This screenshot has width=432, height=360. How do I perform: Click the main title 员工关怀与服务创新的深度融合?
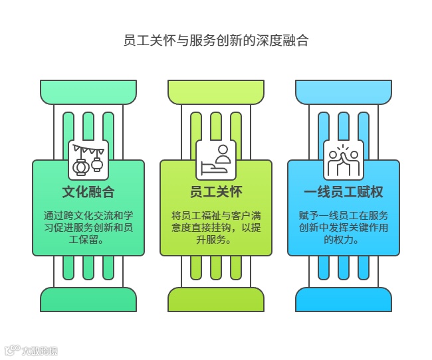click(216, 41)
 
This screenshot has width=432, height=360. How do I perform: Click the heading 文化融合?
click(88, 193)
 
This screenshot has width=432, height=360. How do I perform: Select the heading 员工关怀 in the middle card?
click(216, 193)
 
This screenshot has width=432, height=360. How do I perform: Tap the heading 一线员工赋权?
click(344, 193)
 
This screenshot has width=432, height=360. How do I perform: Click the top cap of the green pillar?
click(88, 91)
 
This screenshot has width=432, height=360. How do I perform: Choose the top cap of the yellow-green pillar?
click(216, 91)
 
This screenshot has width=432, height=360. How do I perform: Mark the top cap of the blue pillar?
click(344, 91)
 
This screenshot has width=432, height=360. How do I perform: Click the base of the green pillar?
click(88, 300)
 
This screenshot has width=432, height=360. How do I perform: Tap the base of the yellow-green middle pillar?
click(216, 300)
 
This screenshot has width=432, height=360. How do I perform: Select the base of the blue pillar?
click(344, 300)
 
